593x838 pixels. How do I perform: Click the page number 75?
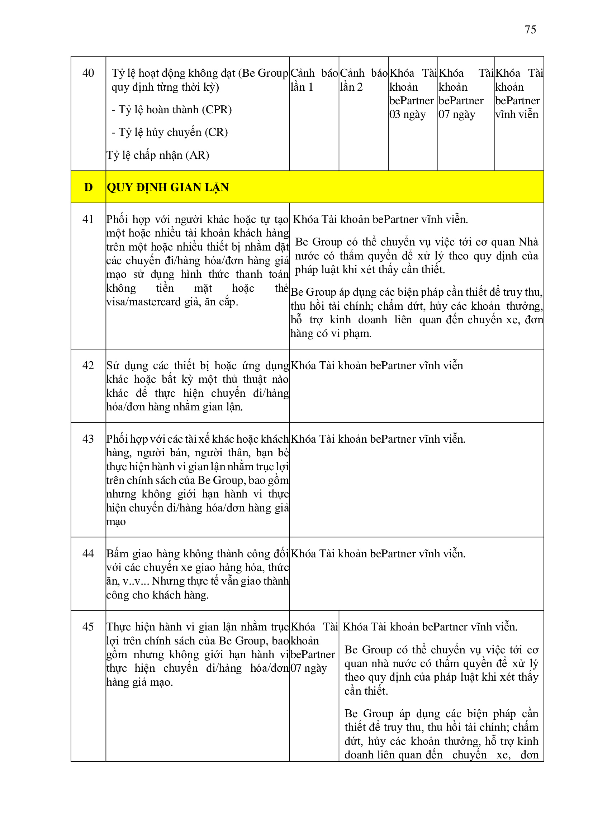tap(530, 29)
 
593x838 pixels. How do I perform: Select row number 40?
tap(88, 73)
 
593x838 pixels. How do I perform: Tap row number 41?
tap(88, 219)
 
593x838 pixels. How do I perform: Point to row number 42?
tap(88, 365)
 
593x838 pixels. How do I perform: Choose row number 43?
tap(88, 439)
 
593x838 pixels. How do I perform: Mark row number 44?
tap(88, 554)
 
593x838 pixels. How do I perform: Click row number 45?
tap(88, 627)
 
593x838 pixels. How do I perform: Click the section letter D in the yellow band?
tap(88, 187)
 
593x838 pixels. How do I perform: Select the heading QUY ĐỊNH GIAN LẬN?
tap(167, 187)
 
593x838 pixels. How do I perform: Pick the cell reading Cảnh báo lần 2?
tap(363, 80)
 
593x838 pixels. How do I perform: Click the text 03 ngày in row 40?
tap(407, 115)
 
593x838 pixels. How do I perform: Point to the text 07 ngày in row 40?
tap(456, 115)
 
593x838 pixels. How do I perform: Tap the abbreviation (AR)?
tap(197, 155)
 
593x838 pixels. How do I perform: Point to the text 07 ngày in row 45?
tap(308, 668)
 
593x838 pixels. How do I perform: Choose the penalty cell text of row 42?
tap(376, 365)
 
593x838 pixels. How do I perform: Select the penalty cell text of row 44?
tap(378, 554)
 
